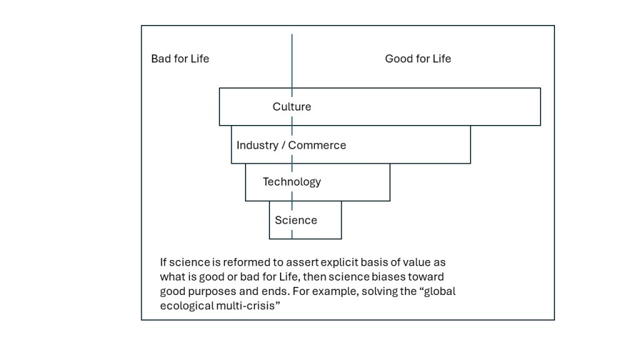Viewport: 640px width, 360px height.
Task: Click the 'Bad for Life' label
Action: (180, 59)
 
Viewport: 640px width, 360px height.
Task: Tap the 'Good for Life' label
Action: (417, 59)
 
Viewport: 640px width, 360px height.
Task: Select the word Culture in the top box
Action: (291, 107)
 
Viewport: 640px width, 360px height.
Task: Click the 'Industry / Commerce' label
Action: (291, 145)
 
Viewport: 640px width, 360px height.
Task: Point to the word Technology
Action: (291, 182)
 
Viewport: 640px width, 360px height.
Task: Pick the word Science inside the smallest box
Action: (296, 220)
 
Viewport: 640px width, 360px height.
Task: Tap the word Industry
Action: (257, 145)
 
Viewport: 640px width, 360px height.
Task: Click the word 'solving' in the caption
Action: (368, 291)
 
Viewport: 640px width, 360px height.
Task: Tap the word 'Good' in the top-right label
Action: (397, 59)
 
